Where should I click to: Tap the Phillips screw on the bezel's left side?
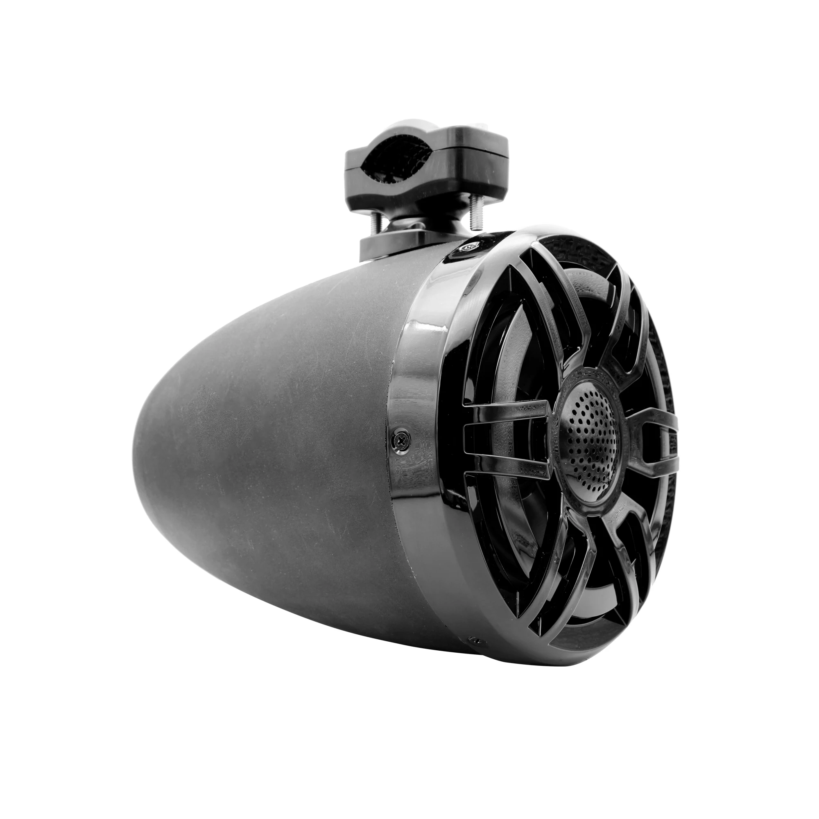pos(400,441)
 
